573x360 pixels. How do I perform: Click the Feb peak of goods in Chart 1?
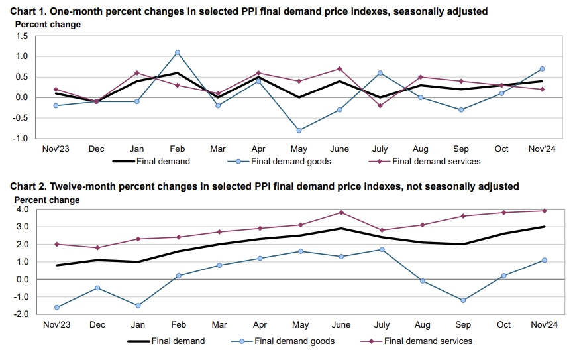point(178,52)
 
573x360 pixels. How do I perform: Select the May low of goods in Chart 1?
point(299,130)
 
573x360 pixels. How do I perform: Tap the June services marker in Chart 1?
point(340,68)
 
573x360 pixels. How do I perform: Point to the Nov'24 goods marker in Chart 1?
point(543,68)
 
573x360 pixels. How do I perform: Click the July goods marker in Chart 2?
point(380,249)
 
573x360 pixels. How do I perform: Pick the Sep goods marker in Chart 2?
point(462,300)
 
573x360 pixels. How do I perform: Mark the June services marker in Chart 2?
point(340,213)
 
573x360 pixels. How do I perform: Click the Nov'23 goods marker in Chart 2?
point(56,307)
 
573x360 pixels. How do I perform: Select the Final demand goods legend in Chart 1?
point(290,161)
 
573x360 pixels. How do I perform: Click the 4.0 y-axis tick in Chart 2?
point(23,210)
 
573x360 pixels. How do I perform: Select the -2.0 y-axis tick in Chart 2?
point(21,314)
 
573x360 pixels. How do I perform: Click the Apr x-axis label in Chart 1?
point(259,149)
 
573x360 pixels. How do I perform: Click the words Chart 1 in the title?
point(29,11)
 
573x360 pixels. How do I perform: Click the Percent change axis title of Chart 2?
point(48,200)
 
